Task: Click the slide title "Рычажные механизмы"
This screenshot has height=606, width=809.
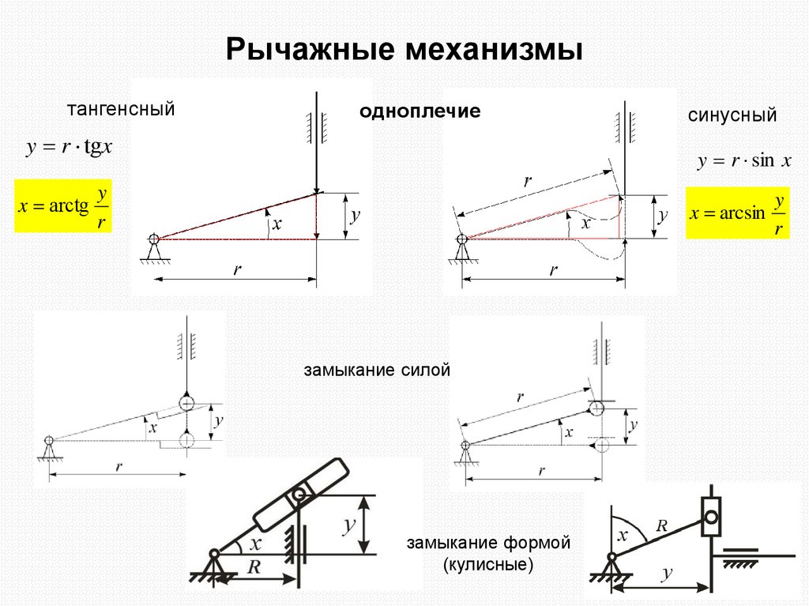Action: (404, 49)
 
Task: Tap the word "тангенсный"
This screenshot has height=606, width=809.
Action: (120, 109)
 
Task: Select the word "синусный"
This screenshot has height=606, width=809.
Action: (732, 115)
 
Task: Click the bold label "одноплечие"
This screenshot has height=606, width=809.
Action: (420, 111)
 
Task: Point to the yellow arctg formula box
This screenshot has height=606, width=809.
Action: (63, 206)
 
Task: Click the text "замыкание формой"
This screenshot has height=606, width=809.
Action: (488, 544)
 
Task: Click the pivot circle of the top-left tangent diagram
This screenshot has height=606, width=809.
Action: (153, 239)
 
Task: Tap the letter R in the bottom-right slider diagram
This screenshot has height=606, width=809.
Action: (663, 523)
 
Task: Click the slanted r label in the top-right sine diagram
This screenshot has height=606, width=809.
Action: (527, 181)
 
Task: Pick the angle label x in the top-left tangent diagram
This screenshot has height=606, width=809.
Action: (277, 224)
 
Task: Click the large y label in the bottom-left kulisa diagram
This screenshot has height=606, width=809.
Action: (345, 525)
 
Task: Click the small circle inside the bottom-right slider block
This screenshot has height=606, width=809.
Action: (712, 518)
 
